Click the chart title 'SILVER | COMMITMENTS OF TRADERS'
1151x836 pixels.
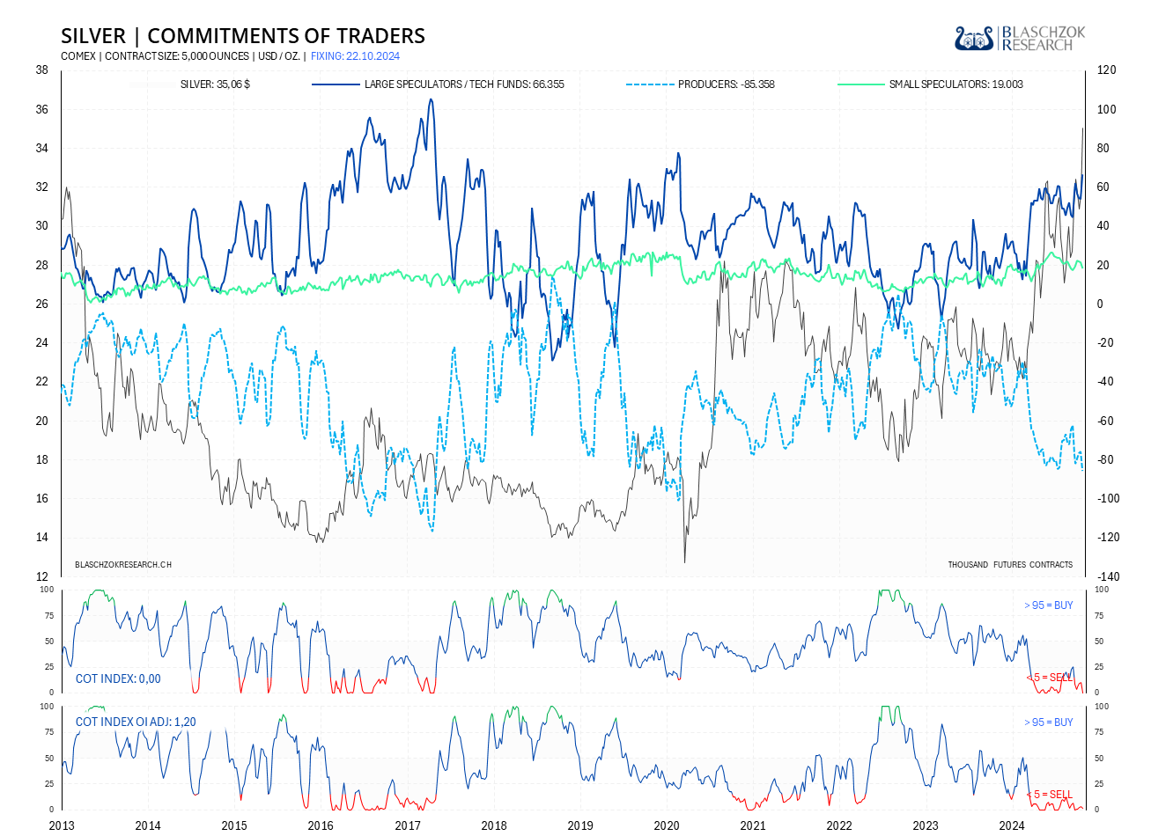click(243, 36)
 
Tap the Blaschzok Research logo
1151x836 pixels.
click(1020, 38)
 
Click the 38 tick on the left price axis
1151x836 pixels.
click(41, 70)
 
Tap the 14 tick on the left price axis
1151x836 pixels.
click(41, 538)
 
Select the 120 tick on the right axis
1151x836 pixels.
click(1106, 70)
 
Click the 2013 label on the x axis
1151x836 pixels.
click(62, 825)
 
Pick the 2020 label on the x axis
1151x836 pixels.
click(667, 825)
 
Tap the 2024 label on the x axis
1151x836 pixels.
click(1012, 825)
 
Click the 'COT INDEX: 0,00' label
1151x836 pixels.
click(118, 678)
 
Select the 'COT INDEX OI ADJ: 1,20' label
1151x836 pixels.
click(136, 722)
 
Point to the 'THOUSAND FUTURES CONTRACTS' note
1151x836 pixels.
click(1010, 565)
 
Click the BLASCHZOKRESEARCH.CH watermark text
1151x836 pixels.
click(123, 565)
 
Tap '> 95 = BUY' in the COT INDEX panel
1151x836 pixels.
click(1048, 605)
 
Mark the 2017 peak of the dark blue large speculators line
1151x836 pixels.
click(431, 99)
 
